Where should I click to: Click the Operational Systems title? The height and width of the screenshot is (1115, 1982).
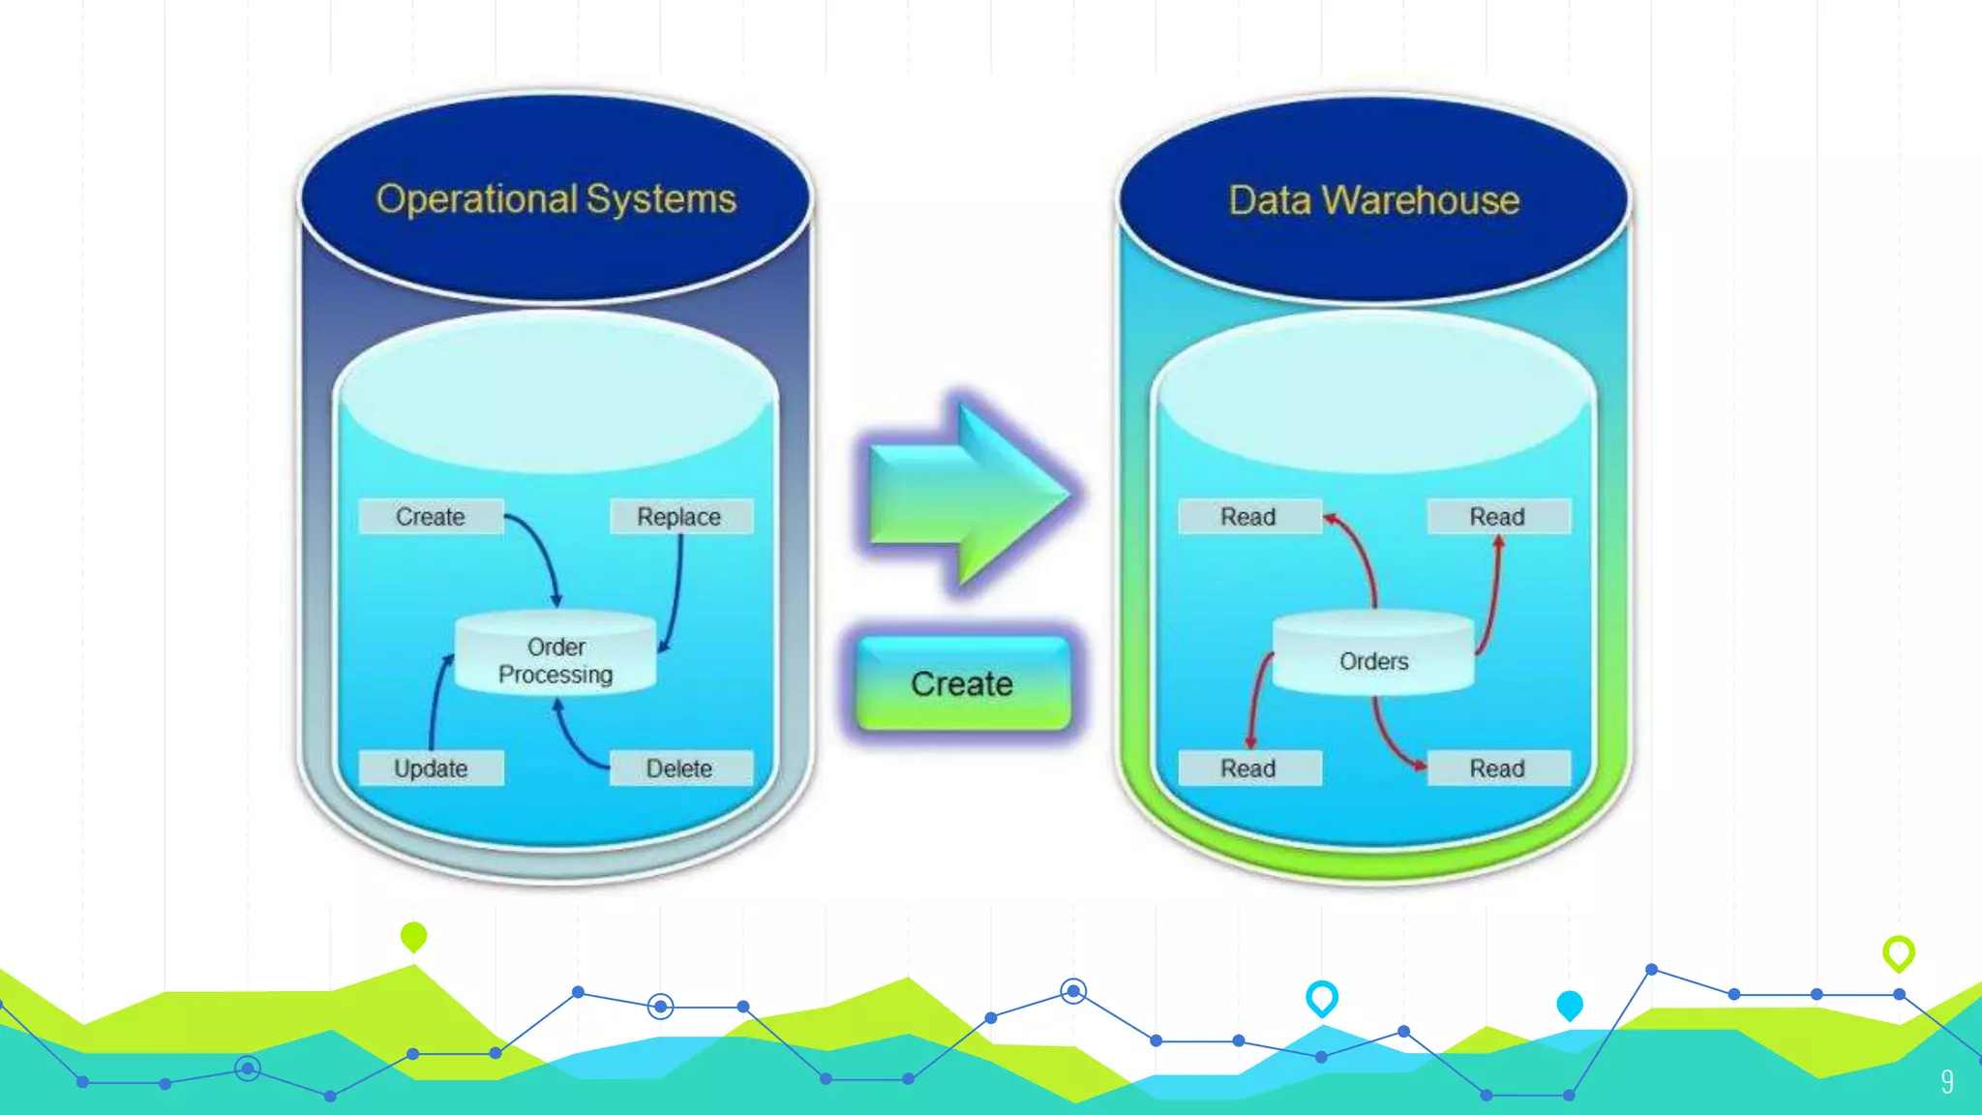pos(556,199)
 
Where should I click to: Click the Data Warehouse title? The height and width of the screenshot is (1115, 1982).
pos(1373,200)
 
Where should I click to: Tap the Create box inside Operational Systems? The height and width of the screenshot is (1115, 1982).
pos(431,517)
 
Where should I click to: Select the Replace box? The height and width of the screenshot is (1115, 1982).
pos(679,517)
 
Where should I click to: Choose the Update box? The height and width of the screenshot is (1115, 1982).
pos(431,768)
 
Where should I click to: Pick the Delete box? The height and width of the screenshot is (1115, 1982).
pos(679,768)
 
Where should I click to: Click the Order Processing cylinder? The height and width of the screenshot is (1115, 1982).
pos(556,658)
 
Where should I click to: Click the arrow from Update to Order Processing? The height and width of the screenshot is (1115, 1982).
pos(435,702)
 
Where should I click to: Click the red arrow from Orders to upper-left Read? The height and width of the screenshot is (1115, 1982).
pos(1362,552)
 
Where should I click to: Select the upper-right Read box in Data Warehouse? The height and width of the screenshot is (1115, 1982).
pos(1497,517)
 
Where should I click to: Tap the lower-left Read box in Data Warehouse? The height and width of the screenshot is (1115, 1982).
pos(1248,768)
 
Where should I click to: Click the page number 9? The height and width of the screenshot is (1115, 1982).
pos(1946,1081)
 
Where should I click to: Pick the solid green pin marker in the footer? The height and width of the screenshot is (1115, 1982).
pos(413,936)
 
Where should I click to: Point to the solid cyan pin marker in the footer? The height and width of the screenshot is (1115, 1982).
pos(1569,1005)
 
